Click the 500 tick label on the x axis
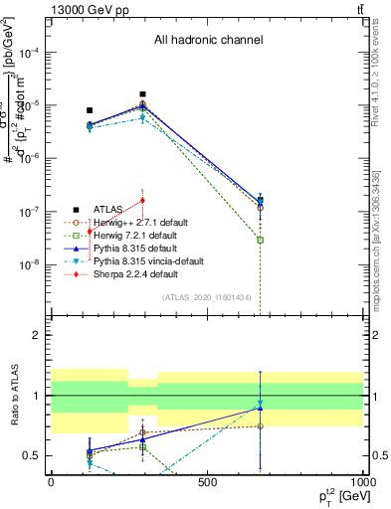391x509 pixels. [x=207, y=482]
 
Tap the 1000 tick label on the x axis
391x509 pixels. [x=363, y=482]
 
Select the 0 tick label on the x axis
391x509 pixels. [x=51, y=482]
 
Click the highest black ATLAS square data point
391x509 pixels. [x=143, y=94]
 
